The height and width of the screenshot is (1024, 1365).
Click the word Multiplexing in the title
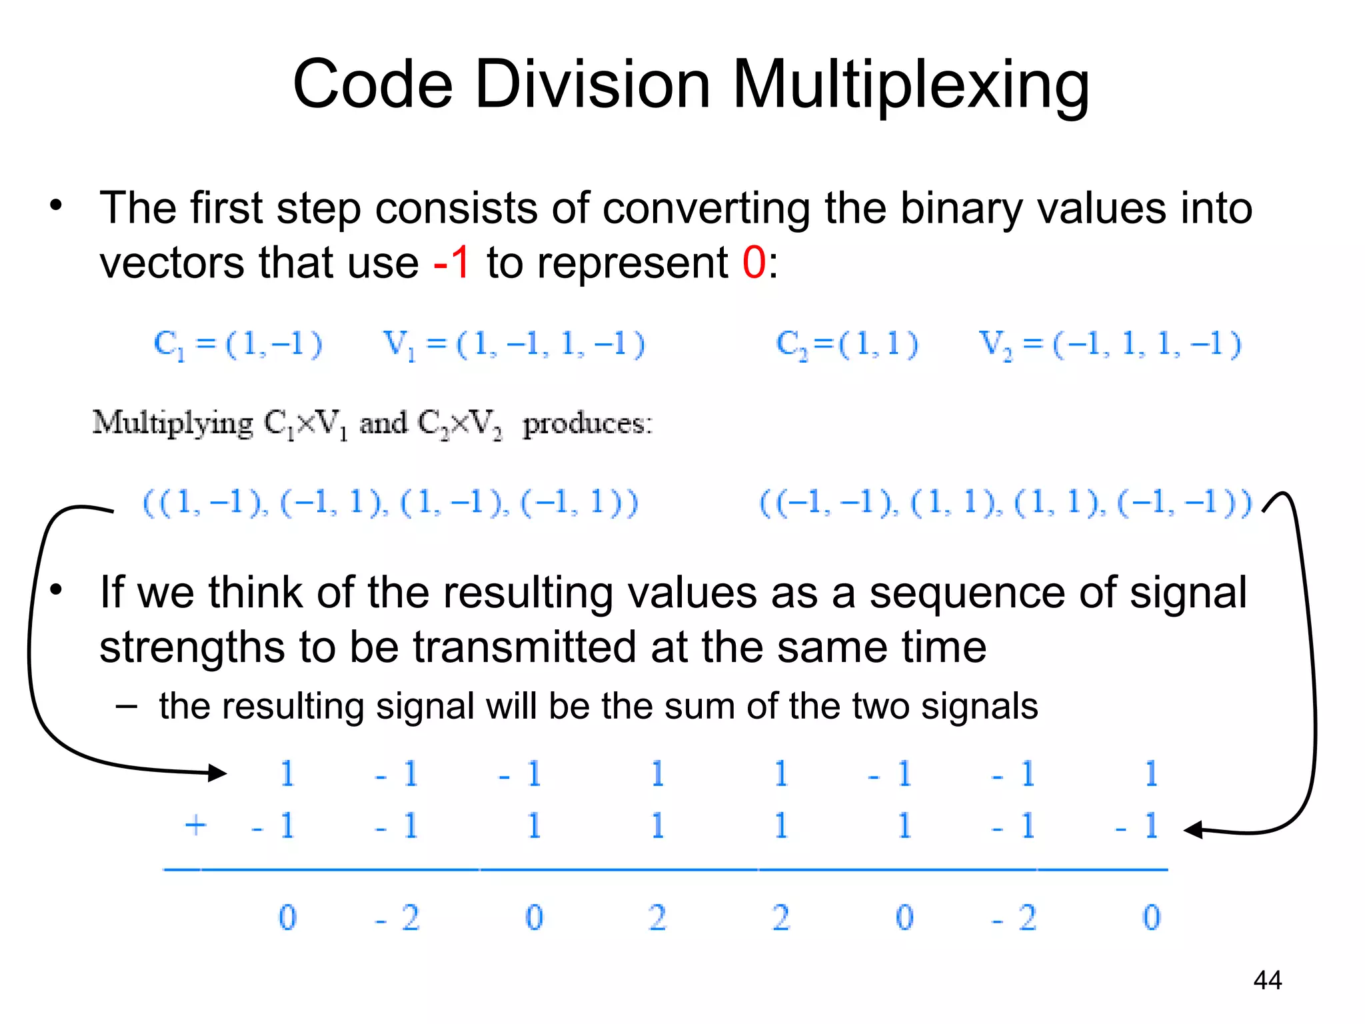pos(910,85)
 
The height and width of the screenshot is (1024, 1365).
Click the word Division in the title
pos(592,84)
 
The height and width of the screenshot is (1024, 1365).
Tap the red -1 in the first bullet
pos(452,262)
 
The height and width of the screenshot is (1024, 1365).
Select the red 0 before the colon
pos(754,262)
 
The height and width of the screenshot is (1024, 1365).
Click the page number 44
pos(1267,980)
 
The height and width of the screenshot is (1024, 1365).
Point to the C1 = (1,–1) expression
pos(238,345)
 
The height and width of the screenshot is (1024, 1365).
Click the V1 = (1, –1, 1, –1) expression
pos(513,345)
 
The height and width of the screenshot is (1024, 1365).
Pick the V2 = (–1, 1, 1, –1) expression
pos(1109,345)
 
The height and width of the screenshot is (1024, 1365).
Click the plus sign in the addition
pos(195,825)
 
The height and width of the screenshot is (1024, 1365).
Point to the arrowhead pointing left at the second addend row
pos(1193,830)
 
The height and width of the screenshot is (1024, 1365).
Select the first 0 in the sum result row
pos(287,917)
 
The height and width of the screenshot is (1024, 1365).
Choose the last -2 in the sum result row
pos(1015,918)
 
